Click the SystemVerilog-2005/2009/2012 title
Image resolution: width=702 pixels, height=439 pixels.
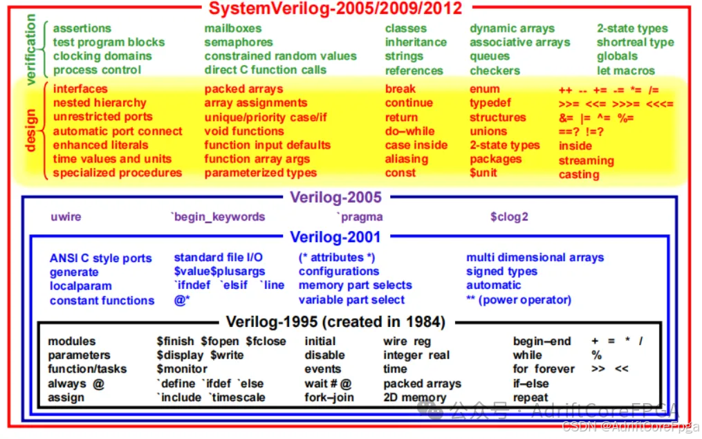click(x=335, y=9)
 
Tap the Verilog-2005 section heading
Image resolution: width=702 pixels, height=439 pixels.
click(x=335, y=197)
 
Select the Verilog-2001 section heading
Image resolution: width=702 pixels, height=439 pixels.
click(x=335, y=238)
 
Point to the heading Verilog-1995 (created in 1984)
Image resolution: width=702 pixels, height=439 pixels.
click(x=335, y=321)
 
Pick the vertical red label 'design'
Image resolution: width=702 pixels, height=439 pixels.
click(x=30, y=129)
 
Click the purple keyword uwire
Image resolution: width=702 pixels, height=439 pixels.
click(x=66, y=217)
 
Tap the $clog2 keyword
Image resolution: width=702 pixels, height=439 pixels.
click(x=509, y=217)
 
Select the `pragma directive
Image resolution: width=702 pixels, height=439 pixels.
click(x=360, y=217)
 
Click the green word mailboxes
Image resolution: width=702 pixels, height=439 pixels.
click(x=233, y=28)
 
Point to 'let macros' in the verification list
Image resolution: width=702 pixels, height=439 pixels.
click(x=626, y=71)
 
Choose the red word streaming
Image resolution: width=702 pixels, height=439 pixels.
click(x=586, y=160)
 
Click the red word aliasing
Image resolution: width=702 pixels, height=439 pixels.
click(x=407, y=159)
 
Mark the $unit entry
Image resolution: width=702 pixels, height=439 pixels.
click(x=483, y=172)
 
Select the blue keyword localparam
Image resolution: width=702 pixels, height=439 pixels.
click(x=80, y=286)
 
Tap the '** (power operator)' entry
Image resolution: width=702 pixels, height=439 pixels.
click(x=519, y=300)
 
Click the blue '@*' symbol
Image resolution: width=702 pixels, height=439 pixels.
click(x=182, y=301)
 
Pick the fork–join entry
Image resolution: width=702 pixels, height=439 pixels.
click(x=329, y=398)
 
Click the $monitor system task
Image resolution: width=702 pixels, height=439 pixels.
click(x=182, y=369)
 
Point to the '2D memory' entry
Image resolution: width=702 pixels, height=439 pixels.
click(x=415, y=398)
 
